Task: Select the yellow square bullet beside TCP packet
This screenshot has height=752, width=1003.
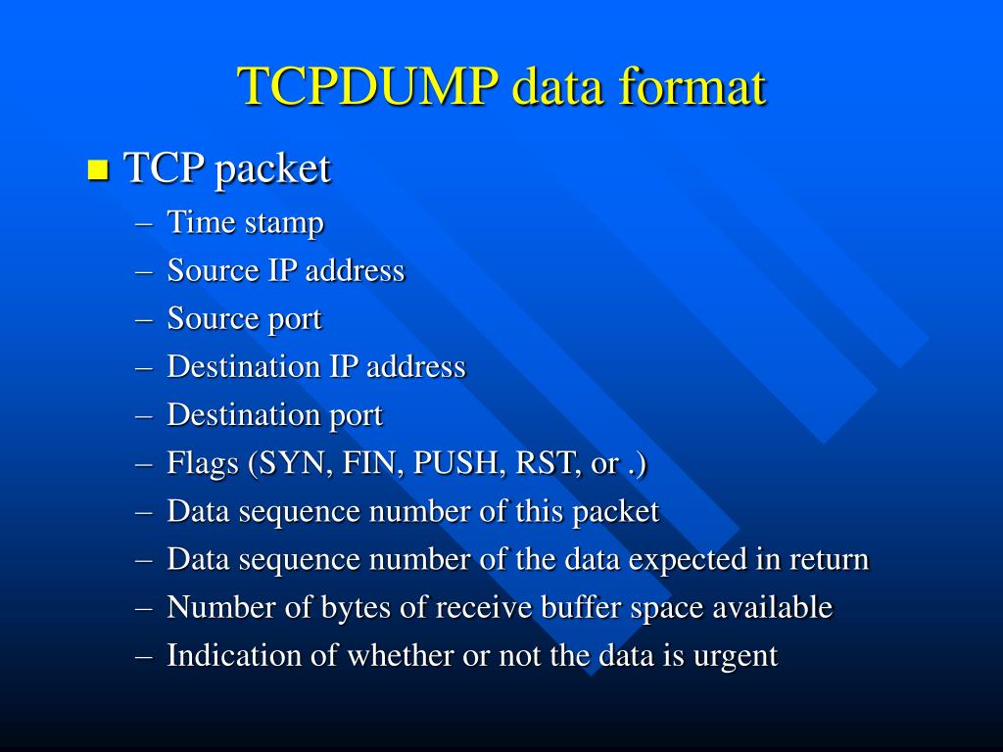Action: pyautogui.click(x=97, y=169)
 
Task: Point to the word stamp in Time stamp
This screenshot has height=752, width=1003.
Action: pyautogui.click(x=284, y=223)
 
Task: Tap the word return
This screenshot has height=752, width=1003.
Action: pyautogui.click(x=826, y=560)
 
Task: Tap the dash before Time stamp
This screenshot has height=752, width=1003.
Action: pyautogui.click(x=145, y=223)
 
